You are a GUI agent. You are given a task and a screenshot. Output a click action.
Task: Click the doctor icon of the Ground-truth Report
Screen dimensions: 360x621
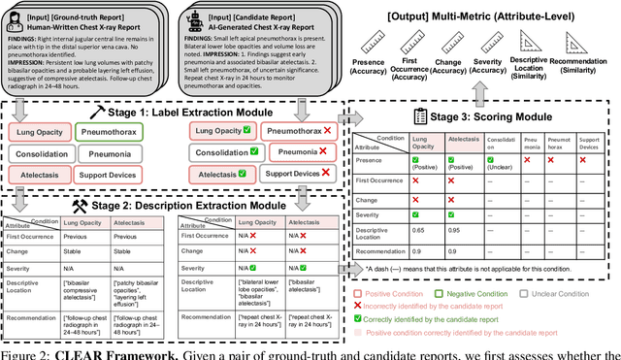tap(18, 16)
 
